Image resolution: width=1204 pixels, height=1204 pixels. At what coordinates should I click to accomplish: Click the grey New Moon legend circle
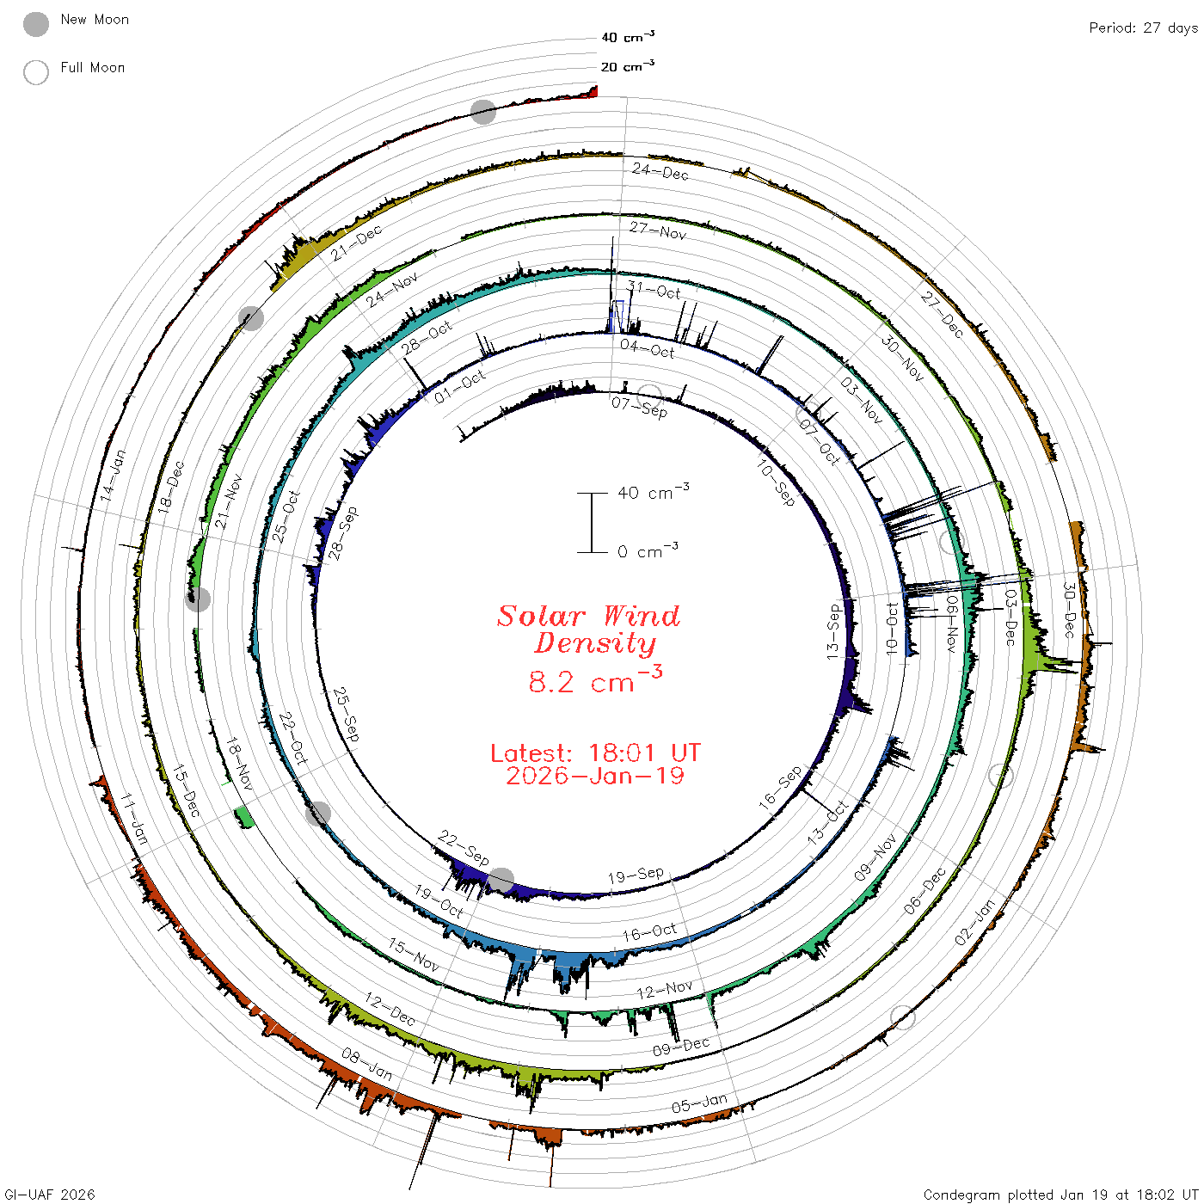(36, 24)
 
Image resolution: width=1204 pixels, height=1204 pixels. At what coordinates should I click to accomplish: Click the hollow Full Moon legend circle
(36, 72)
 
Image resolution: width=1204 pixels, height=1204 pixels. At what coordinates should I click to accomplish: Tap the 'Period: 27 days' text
(1144, 28)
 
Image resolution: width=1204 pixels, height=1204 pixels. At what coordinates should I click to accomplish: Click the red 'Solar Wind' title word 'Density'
(595, 643)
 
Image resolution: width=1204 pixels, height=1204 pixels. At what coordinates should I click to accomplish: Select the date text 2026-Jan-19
(595, 776)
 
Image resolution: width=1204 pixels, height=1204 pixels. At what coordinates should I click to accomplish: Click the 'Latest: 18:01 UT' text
(595, 752)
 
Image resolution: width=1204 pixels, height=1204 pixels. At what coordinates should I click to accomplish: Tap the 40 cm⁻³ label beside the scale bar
(654, 492)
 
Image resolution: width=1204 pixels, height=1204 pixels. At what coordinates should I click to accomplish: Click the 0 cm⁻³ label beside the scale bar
(648, 551)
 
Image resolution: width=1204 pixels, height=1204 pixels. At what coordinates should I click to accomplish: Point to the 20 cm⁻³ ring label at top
(628, 65)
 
